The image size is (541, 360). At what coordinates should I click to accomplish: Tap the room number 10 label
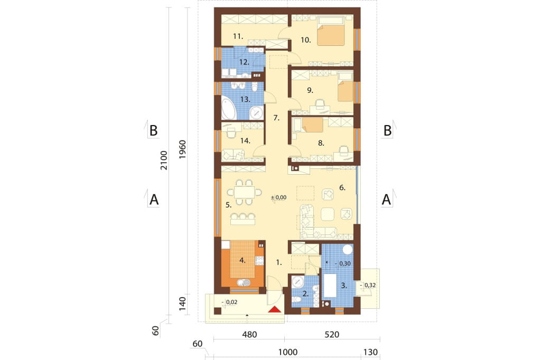[x=306, y=40]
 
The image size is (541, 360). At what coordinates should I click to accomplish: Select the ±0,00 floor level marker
[x=279, y=197]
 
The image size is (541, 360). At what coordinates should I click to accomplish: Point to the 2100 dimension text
[x=164, y=160]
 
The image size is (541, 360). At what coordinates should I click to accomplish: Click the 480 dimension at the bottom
[x=249, y=335]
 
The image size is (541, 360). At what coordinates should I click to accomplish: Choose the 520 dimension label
[x=332, y=335]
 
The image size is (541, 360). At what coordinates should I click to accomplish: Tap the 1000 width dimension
[x=288, y=352]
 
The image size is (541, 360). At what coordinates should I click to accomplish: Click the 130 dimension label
[x=371, y=352]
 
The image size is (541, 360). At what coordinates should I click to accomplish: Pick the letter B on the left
[x=153, y=131]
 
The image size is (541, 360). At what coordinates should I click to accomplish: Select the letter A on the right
[x=386, y=200]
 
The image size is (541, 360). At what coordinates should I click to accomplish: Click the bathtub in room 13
[x=229, y=108]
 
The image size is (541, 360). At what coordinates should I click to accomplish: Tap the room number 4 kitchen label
[x=242, y=261]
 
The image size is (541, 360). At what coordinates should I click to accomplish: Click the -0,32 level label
[x=368, y=285]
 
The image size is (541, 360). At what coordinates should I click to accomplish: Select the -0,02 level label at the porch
[x=230, y=302]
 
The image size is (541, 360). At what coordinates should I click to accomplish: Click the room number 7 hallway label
[x=276, y=118]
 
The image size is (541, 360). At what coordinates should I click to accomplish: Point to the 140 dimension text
[x=182, y=304]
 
